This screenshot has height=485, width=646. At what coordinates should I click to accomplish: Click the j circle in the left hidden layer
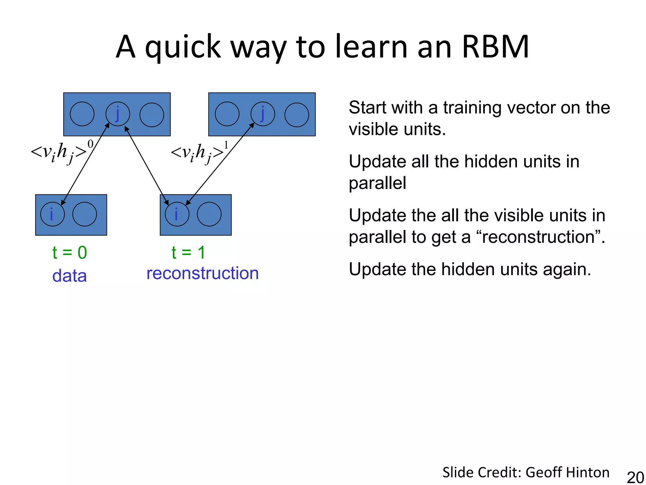(x=118, y=114)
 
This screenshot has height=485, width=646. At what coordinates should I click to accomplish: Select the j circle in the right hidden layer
(x=263, y=114)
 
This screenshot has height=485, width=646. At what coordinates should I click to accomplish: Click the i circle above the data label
(x=52, y=214)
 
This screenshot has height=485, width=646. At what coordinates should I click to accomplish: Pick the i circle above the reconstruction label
(x=177, y=214)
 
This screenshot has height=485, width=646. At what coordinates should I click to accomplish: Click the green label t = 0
(x=69, y=253)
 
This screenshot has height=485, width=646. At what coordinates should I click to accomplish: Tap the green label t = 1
(x=188, y=253)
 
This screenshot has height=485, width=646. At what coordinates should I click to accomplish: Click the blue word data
(x=69, y=276)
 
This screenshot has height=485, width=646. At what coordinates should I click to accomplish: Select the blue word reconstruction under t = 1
(x=203, y=273)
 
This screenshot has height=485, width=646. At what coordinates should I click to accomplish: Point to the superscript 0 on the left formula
(x=91, y=144)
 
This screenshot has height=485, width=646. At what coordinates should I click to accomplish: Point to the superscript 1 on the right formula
(x=226, y=145)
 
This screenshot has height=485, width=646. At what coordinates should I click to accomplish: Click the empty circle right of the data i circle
(x=85, y=214)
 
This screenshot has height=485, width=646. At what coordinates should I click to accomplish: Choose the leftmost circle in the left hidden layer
(x=82, y=114)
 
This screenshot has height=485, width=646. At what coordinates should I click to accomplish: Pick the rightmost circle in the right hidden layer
(x=297, y=115)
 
